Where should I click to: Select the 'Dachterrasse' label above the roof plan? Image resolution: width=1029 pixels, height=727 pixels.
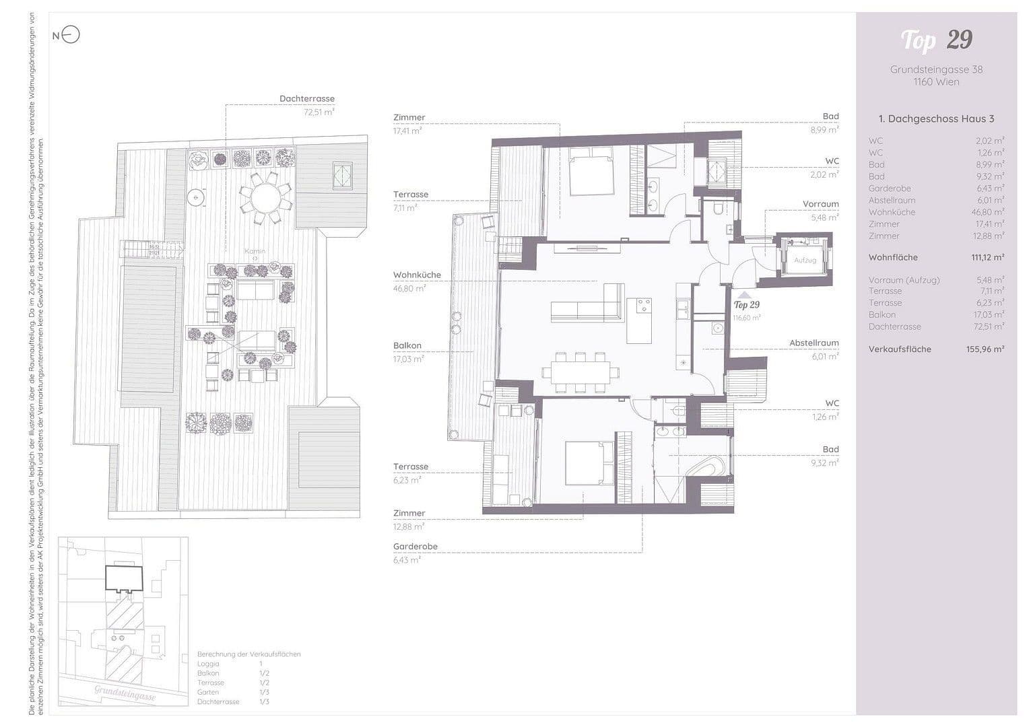point(306,98)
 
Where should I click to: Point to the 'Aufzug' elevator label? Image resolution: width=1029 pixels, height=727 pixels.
point(805,260)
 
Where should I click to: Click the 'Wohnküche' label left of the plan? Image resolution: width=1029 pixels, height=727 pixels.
point(417,275)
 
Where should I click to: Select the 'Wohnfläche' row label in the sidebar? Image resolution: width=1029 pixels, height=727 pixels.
point(893,257)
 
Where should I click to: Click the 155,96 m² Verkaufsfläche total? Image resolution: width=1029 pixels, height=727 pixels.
point(985,349)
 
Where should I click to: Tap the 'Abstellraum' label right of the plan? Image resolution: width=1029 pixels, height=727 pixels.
point(814,343)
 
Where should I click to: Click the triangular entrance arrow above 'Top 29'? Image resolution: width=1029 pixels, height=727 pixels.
point(743,294)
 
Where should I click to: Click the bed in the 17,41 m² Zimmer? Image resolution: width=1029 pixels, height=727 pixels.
point(591,173)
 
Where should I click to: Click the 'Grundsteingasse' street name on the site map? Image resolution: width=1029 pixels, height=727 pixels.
point(125,693)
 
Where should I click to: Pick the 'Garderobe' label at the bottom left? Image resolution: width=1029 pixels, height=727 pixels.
point(415,547)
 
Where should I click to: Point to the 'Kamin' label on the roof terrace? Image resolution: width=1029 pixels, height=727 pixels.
point(255,251)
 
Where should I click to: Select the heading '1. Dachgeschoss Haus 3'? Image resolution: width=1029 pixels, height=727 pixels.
point(936,118)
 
